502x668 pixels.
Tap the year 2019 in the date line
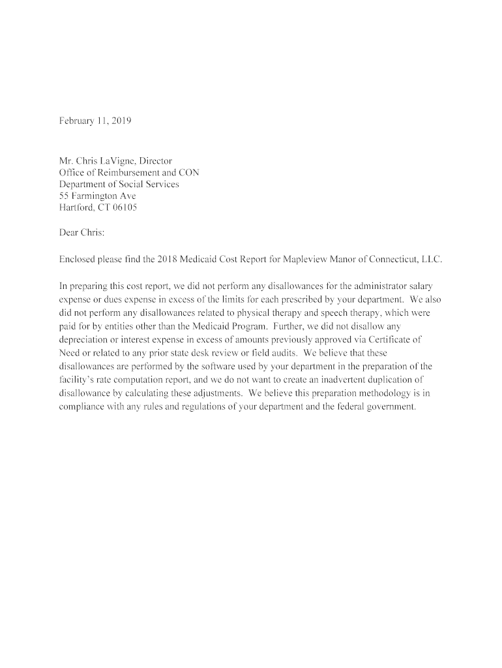click(x=121, y=121)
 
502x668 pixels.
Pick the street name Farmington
click(x=91, y=196)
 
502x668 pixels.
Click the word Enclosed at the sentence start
click(x=77, y=259)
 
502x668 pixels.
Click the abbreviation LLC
click(x=432, y=259)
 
